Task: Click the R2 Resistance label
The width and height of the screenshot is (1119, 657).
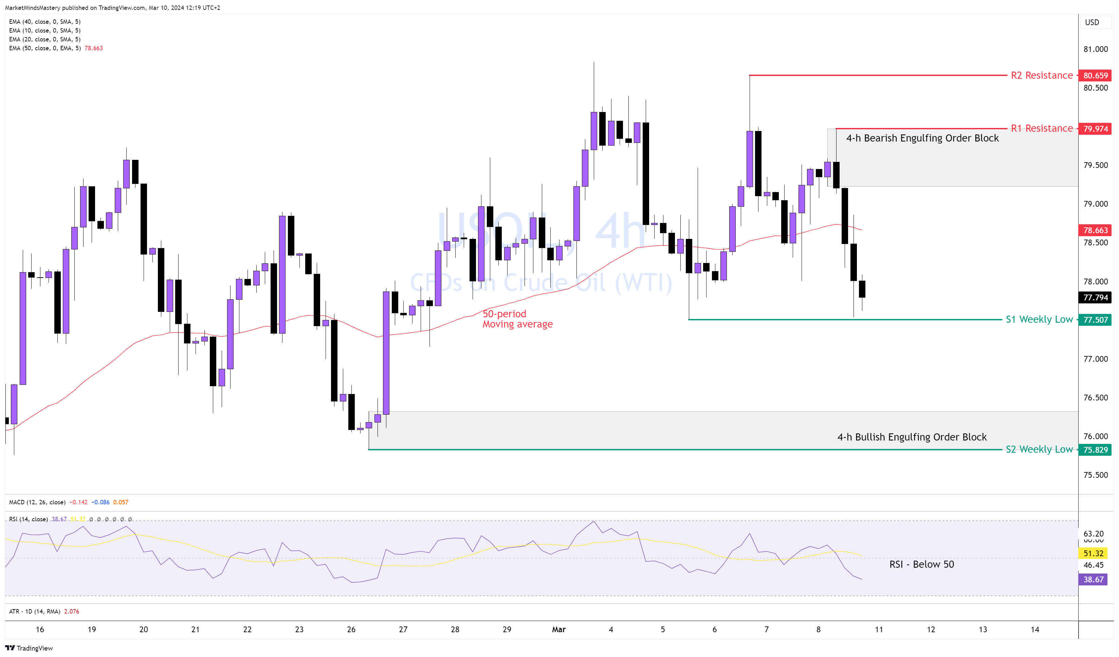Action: coord(1041,75)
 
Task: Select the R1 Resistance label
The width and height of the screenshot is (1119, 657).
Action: coord(1041,128)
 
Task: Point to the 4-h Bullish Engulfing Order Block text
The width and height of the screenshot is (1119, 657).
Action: coord(912,437)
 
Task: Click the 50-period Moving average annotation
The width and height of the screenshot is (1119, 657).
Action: coord(517,319)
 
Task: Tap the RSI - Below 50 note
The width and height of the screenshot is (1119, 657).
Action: coord(921,564)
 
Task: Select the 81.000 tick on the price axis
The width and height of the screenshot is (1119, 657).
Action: coord(1096,49)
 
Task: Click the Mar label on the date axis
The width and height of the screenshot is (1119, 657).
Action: coord(558,629)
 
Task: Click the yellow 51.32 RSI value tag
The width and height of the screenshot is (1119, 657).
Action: coord(1093,553)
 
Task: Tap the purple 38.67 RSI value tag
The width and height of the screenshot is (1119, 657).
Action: coord(1093,579)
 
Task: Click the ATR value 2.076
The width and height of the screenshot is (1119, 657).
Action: coord(72,611)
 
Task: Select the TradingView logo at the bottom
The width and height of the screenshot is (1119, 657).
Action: coord(29,648)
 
